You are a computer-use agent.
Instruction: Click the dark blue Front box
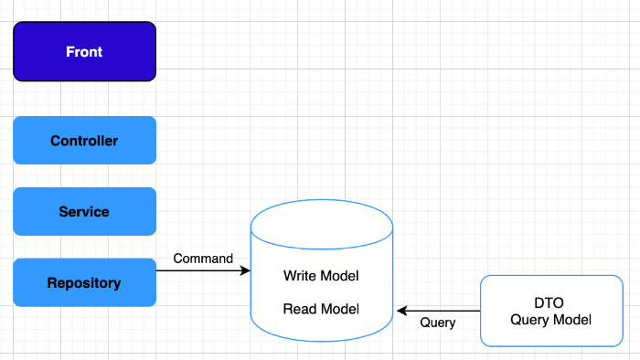tap(84, 51)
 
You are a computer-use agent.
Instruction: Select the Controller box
tap(84, 140)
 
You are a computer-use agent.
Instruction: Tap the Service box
tap(84, 211)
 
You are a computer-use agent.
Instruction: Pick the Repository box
tap(84, 282)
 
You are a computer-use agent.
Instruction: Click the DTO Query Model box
tap(551, 311)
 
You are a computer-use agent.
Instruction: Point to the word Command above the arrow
tap(203, 259)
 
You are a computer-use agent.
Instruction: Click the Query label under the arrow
tap(438, 323)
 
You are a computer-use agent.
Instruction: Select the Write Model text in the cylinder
tap(321, 276)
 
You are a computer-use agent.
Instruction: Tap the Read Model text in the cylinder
tap(321, 309)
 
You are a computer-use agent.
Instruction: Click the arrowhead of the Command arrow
tap(246, 270)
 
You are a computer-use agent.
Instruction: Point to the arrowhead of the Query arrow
tap(401, 311)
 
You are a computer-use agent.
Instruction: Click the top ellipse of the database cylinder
tap(322, 224)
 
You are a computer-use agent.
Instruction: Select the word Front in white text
tap(84, 52)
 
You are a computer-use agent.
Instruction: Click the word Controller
tap(84, 141)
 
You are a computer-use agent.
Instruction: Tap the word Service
tap(84, 212)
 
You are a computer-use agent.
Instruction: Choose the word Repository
tap(84, 283)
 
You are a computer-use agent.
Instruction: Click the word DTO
tap(549, 303)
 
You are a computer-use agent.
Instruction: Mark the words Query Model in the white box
tap(550, 320)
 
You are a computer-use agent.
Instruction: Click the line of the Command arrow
tap(203, 270)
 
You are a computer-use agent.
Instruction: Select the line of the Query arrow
tap(438, 311)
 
